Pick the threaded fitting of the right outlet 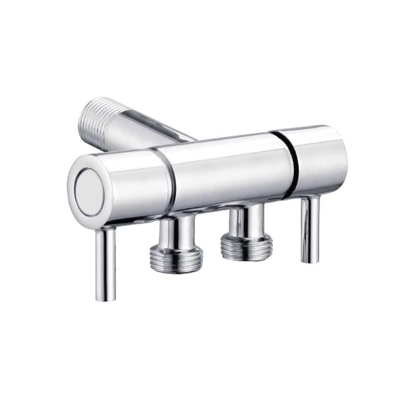click(x=247, y=247)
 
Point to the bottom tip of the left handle click(x=106, y=297)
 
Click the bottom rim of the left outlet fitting click(x=177, y=270)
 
